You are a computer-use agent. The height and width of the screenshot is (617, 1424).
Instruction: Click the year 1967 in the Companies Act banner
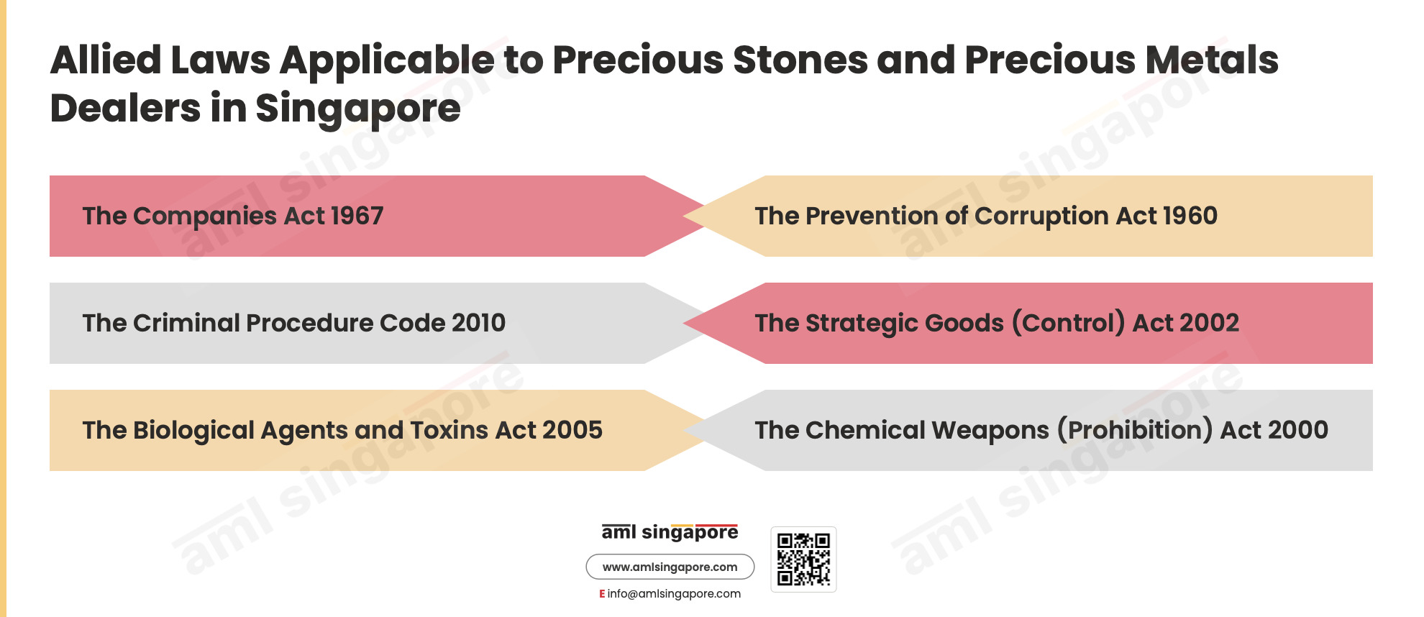coord(357,216)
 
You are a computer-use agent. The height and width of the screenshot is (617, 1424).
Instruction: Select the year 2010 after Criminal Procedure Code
coord(478,323)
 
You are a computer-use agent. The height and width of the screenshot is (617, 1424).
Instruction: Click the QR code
coord(803,559)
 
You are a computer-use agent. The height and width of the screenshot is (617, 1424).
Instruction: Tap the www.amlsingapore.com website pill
coord(670,567)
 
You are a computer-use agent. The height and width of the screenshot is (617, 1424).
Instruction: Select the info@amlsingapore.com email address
coord(674,594)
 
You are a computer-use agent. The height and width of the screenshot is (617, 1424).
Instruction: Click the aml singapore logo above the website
coord(670,532)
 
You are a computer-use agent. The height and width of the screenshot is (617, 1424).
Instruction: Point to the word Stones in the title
coord(800,60)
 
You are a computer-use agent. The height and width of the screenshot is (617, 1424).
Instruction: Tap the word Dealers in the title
coord(126,109)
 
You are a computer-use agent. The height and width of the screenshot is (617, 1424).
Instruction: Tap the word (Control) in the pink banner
coord(1068,323)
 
